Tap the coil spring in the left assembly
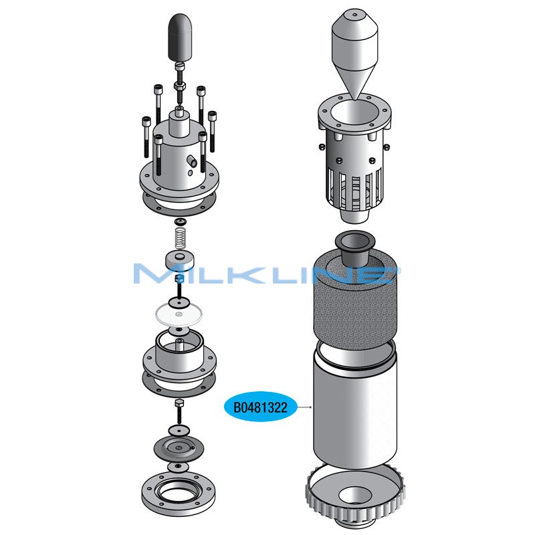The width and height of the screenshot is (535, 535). [179, 237]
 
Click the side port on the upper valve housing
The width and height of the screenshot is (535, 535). [191, 161]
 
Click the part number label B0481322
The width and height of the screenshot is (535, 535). [261, 407]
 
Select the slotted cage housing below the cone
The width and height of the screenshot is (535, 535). [354, 167]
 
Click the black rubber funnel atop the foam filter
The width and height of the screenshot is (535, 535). [354, 247]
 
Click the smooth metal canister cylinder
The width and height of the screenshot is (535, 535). [354, 408]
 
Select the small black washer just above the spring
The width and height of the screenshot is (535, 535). [179, 221]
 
